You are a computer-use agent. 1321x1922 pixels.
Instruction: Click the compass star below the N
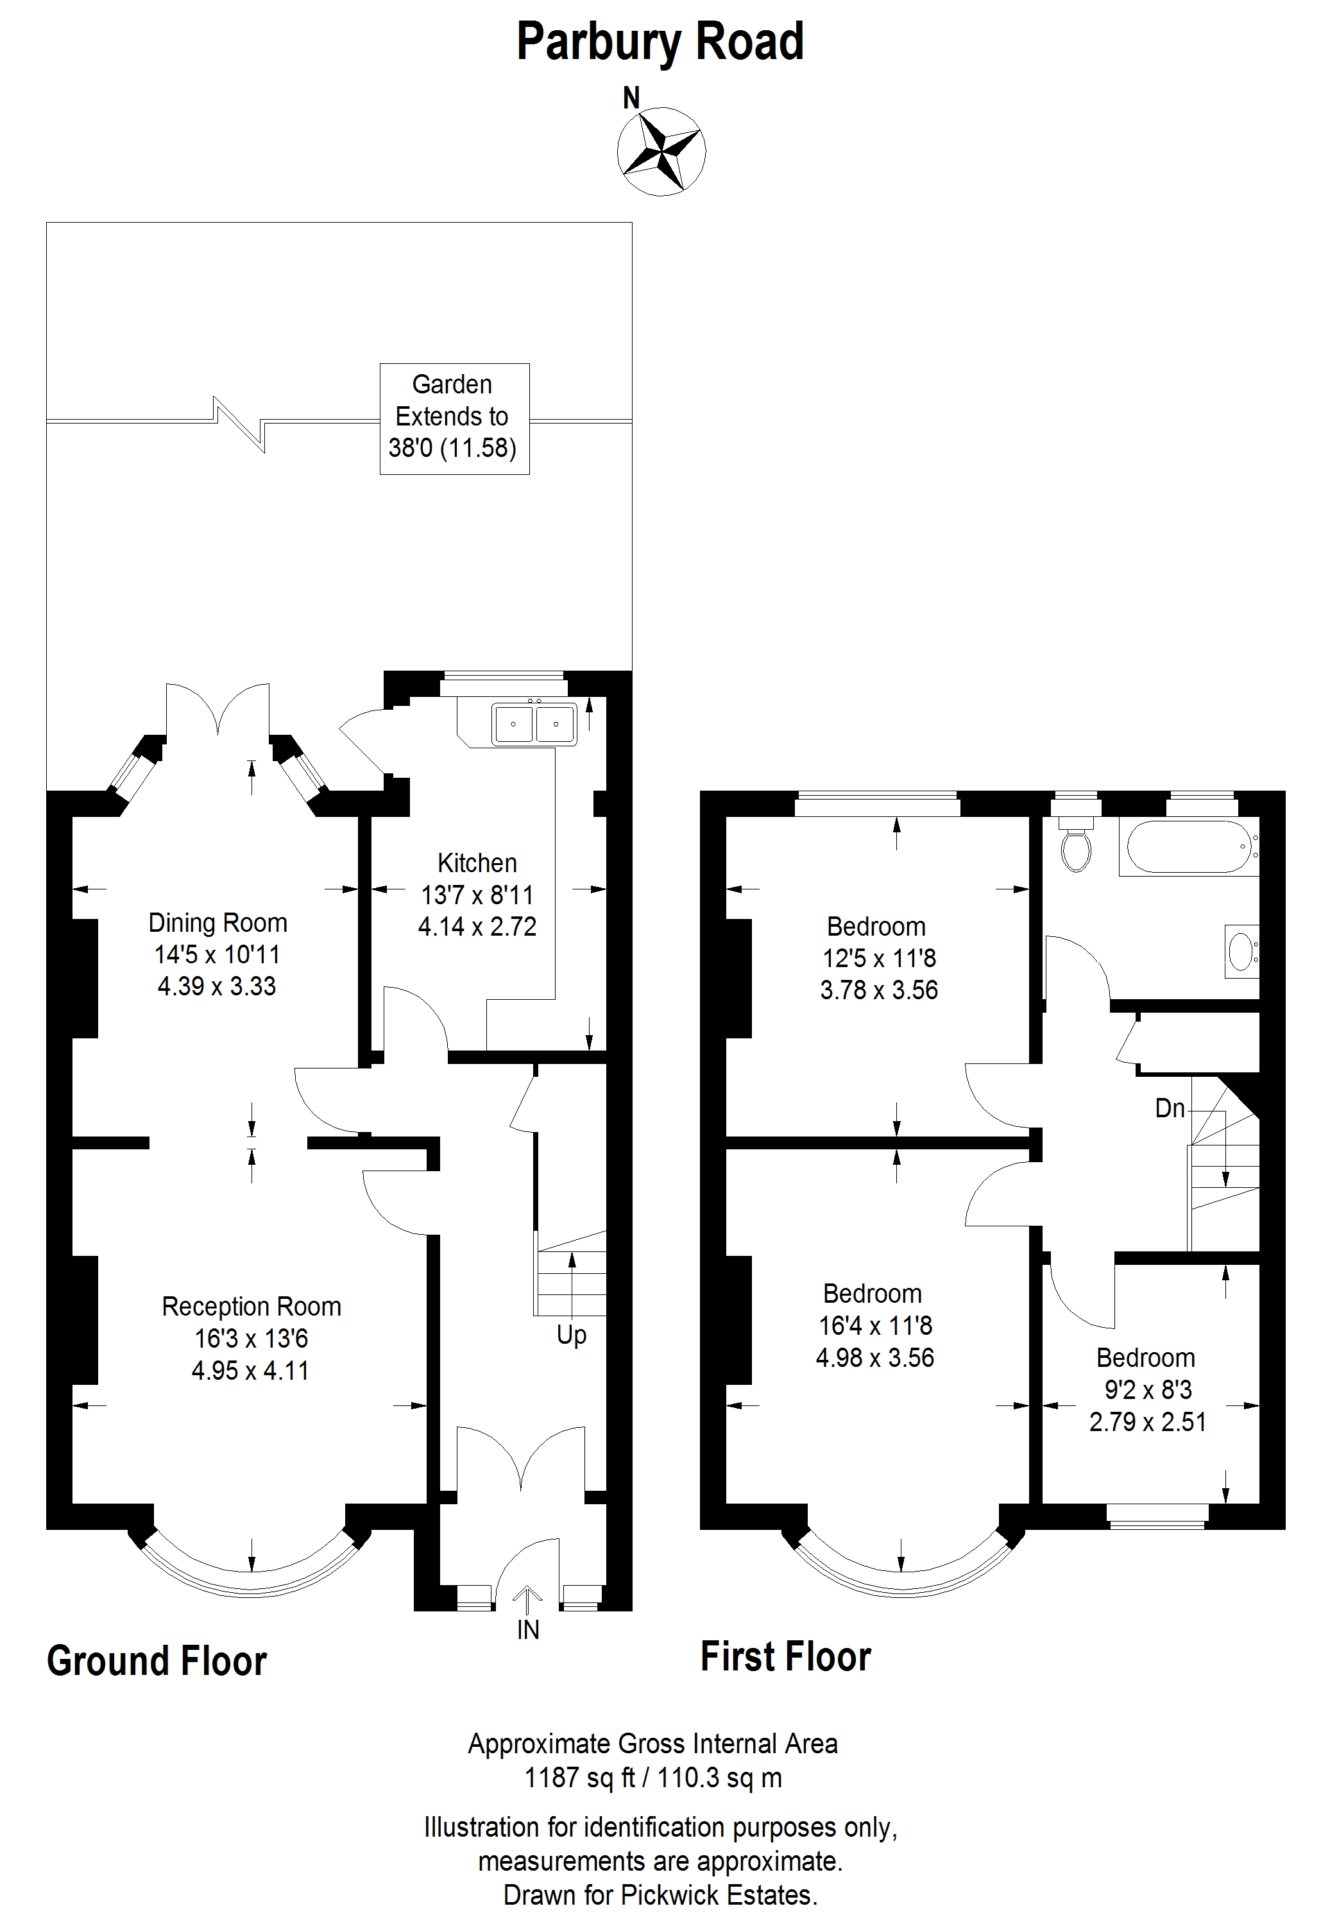coord(661,152)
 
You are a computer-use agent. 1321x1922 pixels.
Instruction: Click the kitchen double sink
coord(534,723)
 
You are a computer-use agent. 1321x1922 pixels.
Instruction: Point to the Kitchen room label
coord(477,862)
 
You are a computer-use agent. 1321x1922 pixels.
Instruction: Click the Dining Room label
coord(217,922)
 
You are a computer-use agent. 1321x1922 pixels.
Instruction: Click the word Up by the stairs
coord(571,1335)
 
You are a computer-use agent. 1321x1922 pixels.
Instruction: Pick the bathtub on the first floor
coord(1189,847)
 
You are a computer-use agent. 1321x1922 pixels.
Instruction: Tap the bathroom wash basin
coord(1241,951)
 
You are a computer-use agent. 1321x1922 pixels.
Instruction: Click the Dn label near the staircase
coord(1170,1108)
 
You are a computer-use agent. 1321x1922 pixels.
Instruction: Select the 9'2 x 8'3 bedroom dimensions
coord(1147,1390)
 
